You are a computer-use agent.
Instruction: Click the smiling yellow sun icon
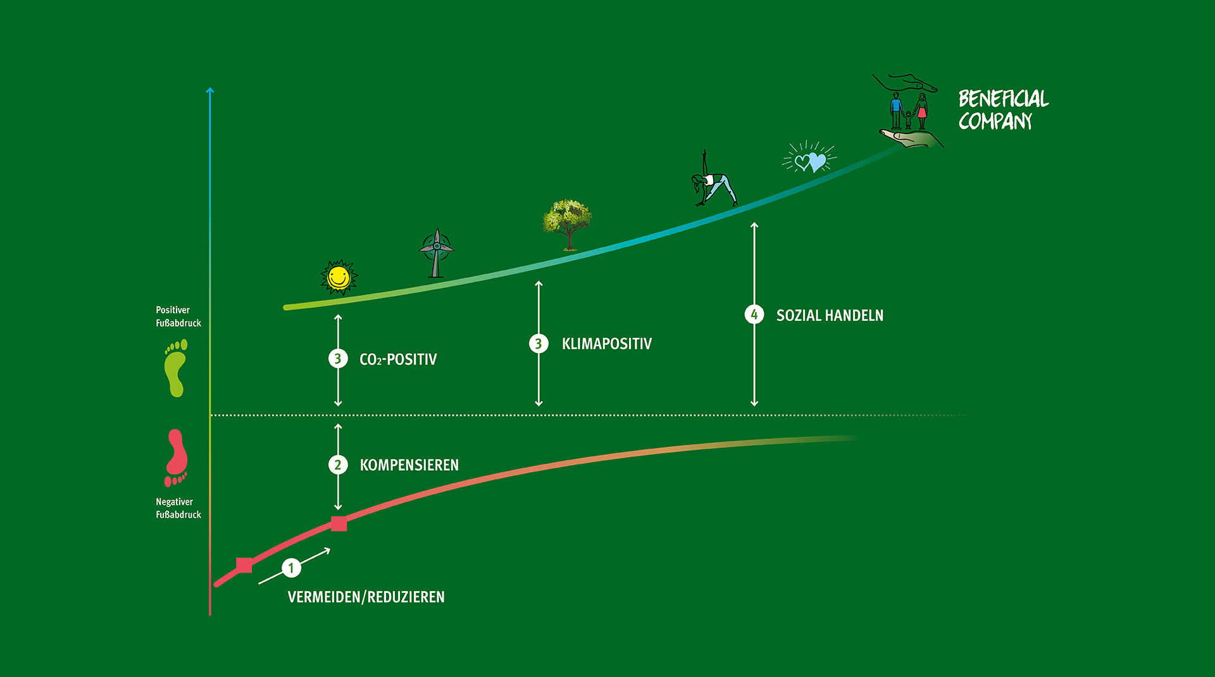point(339,278)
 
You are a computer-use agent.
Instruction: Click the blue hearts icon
point(810,158)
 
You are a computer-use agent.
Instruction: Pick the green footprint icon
point(176,368)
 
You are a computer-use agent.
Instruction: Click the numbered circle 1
point(291,568)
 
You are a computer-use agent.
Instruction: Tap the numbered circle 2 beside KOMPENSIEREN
point(338,465)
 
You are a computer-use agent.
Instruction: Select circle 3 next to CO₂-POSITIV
point(338,359)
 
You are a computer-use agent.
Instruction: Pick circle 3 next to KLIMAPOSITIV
point(539,344)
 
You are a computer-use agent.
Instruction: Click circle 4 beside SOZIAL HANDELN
point(754,314)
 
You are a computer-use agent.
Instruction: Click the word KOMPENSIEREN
point(409,465)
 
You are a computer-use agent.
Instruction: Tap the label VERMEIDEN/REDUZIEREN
point(366,597)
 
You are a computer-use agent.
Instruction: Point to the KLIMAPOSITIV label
point(607,344)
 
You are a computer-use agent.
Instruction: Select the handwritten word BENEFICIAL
point(1004,99)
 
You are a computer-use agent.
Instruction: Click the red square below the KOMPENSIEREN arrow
point(339,523)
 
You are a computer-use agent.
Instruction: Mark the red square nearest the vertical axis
point(244,565)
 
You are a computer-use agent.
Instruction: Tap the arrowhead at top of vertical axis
point(210,91)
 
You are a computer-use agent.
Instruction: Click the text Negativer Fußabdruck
point(178,508)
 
